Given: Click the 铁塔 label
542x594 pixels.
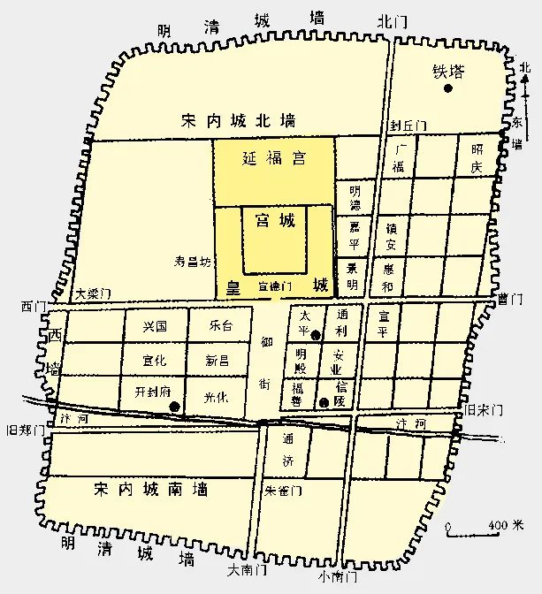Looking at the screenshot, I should coord(447,72).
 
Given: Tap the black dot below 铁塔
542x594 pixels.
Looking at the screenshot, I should coord(448,88).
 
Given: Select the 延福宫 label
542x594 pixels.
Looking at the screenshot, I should coord(274,159).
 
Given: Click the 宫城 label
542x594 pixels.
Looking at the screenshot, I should coord(275,220).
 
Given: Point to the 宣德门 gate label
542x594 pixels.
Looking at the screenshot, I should coord(273,286).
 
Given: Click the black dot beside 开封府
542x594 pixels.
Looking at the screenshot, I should coord(175,407).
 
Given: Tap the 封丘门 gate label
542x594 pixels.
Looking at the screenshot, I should coord(408,127).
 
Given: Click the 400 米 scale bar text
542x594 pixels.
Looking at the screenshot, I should coord(505,526).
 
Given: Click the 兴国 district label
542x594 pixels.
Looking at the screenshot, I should coord(154,327).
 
